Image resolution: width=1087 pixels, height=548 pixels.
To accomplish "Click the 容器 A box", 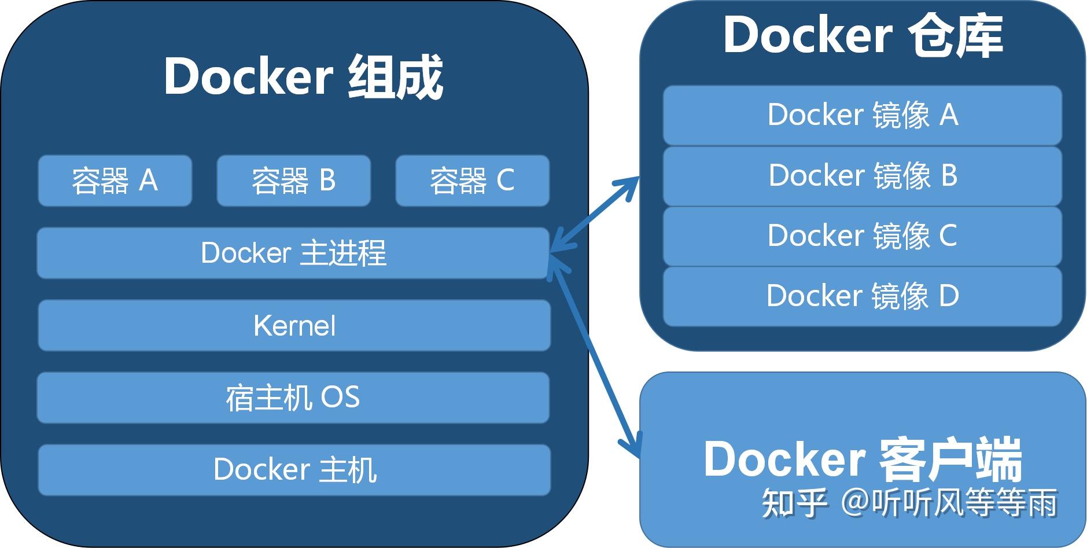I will pyautogui.click(x=115, y=181).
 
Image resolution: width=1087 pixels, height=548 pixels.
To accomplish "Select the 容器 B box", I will pyautogui.click(x=293, y=181).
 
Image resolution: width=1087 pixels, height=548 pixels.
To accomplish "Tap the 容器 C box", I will pyautogui.click(x=472, y=181).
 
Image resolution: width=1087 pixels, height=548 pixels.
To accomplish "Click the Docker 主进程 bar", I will pyautogui.click(x=293, y=253).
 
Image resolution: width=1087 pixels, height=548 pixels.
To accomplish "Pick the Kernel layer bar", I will pyautogui.click(x=294, y=325).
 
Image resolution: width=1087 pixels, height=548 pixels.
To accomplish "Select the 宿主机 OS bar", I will pyautogui.click(x=293, y=398).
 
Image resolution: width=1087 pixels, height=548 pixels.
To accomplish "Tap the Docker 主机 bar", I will pyautogui.click(x=294, y=469).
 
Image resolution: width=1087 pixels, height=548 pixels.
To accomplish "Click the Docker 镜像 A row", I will pyautogui.click(x=862, y=115).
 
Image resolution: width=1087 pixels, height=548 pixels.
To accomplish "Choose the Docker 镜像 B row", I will pyautogui.click(x=862, y=175).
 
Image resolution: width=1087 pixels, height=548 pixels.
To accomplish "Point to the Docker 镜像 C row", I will pyautogui.click(x=862, y=236).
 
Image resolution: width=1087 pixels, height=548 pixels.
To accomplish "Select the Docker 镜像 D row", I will pyautogui.click(x=862, y=296).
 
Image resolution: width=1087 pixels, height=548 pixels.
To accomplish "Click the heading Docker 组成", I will pyautogui.click(x=303, y=77).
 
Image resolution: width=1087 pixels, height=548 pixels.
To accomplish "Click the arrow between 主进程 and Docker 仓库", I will pyautogui.click(x=595, y=214).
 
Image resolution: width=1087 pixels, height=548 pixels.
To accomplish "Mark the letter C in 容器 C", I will pyautogui.click(x=505, y=181).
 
